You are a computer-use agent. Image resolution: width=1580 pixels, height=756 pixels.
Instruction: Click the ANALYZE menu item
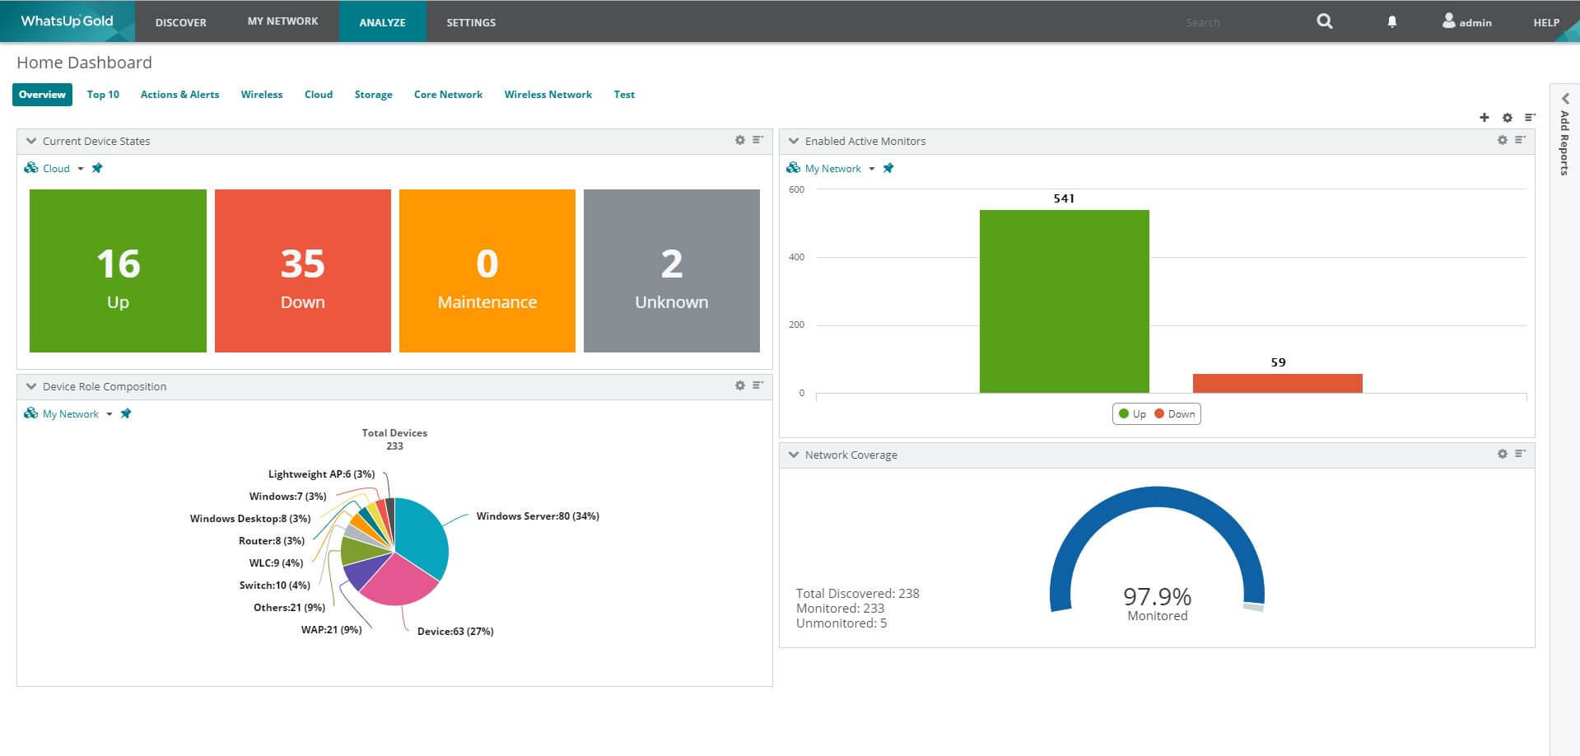[382, 22]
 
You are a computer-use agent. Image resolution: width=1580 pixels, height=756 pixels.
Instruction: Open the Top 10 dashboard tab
[103, 95]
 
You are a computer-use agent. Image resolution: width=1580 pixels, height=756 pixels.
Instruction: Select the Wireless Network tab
[548, 95]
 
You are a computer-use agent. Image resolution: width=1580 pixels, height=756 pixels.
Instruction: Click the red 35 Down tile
[302, 271]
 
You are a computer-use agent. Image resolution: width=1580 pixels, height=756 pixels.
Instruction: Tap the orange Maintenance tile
[487, 271]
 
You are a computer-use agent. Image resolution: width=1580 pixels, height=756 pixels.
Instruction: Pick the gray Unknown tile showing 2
[671, 271]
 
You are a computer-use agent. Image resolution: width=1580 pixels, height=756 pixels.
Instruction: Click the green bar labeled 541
[1064, 301]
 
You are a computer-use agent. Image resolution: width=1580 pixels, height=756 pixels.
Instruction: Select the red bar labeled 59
[1277, 383]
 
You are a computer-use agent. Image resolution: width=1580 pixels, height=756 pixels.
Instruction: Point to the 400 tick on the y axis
[796, 257]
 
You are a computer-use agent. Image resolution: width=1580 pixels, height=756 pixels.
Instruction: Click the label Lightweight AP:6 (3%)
[321, 474]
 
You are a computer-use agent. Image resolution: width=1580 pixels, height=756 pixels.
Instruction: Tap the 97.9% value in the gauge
[1157, 596]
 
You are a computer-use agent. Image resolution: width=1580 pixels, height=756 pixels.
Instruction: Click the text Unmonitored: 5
[841, 623]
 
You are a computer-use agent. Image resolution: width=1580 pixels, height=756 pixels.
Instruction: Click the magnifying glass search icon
[1324, 21]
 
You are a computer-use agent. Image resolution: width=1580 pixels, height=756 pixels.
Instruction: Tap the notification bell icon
[1391, 22]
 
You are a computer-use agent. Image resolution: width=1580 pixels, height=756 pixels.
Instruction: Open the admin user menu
[1466, 22]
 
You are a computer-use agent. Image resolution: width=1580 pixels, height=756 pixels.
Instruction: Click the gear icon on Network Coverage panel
[1502, 454]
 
